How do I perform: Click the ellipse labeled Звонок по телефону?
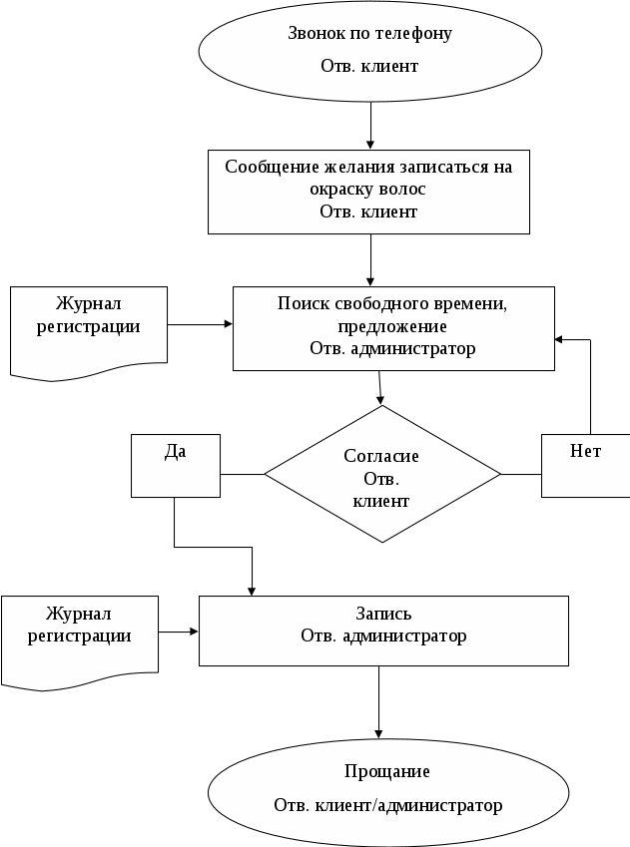(x=370, y=51)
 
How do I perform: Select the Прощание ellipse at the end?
(x=388, y=792)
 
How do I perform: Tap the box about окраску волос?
(x=368, y=192)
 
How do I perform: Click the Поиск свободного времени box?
(x=393, y=328)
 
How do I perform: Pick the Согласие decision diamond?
(x=382, y=474)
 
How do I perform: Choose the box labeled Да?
(x=176, y=466)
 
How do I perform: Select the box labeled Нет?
(x=586, y=466)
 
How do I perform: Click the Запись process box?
(x=384, y=631)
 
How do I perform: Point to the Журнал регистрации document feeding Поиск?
(x=89, y=333)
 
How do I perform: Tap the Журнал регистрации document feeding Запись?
(x=80, y=641)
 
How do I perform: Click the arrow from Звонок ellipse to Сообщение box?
(x=370, y=126)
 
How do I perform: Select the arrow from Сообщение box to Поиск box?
(x=370, y=260)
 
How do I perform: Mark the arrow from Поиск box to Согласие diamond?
(x=379, y=388)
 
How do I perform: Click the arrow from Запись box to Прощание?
(x=378, y=702)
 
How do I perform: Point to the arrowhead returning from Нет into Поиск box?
(x=559, y=340)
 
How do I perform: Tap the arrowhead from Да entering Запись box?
(x=252, y=592)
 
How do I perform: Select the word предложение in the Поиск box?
(x=392, y=327)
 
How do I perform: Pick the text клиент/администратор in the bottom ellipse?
(x=408, y=805)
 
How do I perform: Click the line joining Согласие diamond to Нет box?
(x=521, y=474)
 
